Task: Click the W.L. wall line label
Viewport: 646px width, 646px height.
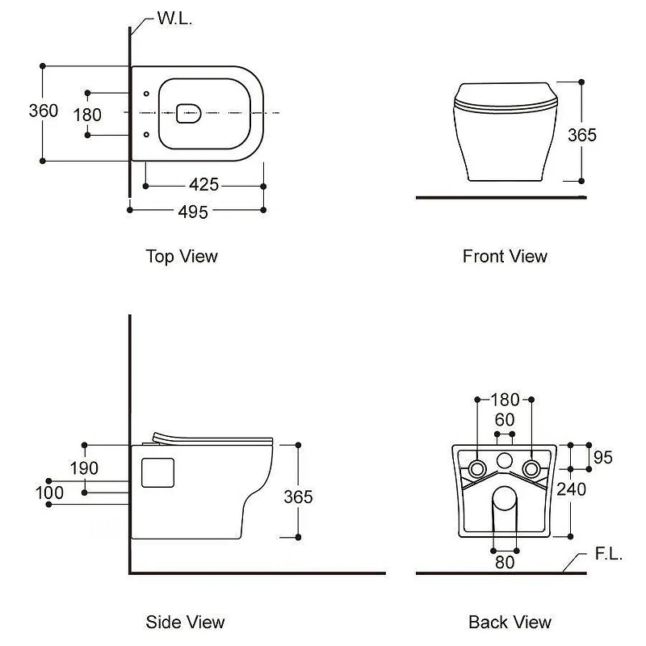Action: (x=174, y=19)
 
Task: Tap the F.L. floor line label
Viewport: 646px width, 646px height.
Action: (x=609, y=554)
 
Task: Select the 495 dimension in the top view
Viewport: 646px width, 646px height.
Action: (x=193, y=212)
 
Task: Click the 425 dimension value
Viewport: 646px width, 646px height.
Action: (x=204, y=185)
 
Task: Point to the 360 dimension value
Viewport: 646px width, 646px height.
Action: (x=44, y=111)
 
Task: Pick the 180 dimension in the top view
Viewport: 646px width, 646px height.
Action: (x=87, y=115)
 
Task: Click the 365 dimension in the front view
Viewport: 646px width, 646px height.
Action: (x=582, y=135)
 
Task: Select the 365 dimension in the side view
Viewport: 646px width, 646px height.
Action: (x=298, y=497)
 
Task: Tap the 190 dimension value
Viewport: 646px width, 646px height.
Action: (x=84, y=468)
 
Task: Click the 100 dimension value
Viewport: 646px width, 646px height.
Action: (x=49, y=493)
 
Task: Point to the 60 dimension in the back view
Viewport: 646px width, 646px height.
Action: (x=505, y=420)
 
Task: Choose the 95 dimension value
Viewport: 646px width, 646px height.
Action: (x=603, y=457)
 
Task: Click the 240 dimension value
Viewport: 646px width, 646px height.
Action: (x=572, y=489)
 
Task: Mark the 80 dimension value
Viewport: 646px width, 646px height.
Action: (x=505, y=562)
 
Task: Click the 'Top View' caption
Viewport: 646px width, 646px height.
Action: (x=182, y=256)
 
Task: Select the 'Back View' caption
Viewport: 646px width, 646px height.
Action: (x=510, y=622)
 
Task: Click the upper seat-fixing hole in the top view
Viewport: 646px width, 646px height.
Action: (x=146, y=94)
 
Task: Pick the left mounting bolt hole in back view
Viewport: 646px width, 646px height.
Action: (x=477, y=469)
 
